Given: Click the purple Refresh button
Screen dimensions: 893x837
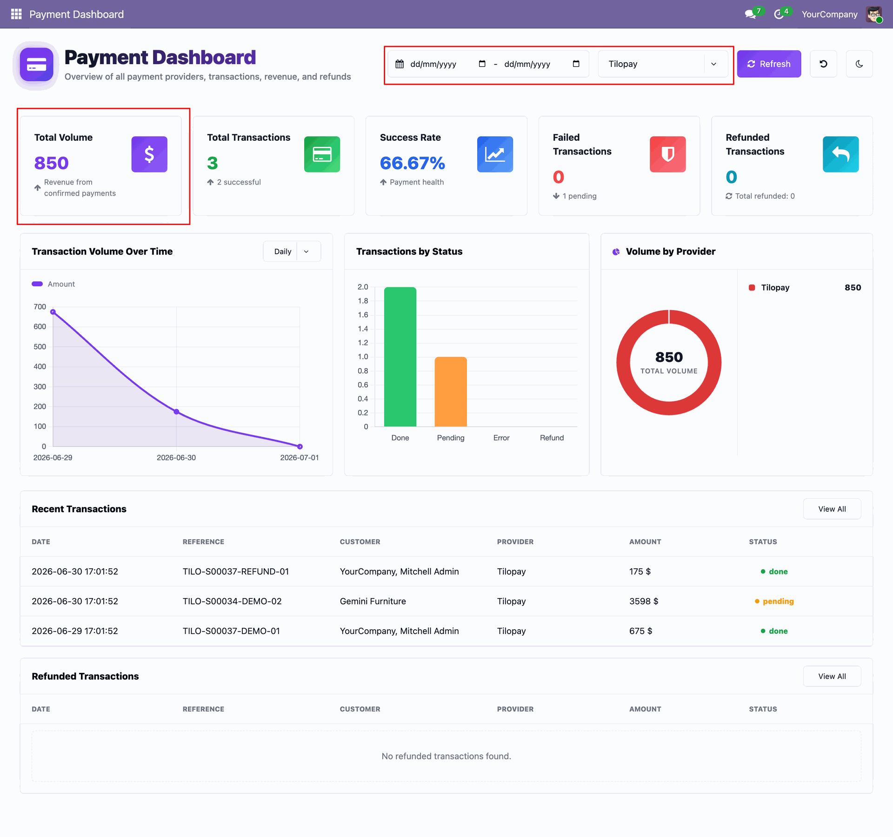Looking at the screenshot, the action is tap(769, 64).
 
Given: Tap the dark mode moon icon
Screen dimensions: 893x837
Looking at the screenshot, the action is tap(859, 64).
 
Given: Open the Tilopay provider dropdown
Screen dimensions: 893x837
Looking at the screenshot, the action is tap(663, 64).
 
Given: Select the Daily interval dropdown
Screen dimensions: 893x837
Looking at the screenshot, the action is tap(292, 251).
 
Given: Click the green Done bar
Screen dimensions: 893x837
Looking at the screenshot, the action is tap(400, 356).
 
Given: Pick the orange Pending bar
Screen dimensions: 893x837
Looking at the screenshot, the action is tap(451, 391).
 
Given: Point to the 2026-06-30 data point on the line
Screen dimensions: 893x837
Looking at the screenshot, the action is tap(176, 412).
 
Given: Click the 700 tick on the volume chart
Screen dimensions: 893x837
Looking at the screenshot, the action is tap(40, 307).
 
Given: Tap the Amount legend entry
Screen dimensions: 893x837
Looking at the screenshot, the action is tap(53, 284).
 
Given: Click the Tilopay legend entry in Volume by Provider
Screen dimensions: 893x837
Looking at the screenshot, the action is tap(769, 288).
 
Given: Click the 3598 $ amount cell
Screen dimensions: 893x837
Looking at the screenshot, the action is tap(644, 601).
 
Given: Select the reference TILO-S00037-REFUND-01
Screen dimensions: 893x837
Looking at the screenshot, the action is tap(236, 571).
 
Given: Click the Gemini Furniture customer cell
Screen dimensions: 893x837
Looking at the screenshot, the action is tap(373, 601).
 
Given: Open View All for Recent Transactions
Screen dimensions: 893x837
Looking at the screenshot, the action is tap(832, 509).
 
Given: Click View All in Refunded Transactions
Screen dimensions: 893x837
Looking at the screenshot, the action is tap(832, 676).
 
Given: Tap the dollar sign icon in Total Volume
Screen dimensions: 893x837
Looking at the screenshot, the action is tap(149, 154).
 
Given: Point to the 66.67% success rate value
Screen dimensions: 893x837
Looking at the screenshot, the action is tap(413, 163).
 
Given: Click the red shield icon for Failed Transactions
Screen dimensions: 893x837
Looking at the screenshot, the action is tap(668, 154).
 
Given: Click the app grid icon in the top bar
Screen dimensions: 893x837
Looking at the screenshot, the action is tap(16, 14).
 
